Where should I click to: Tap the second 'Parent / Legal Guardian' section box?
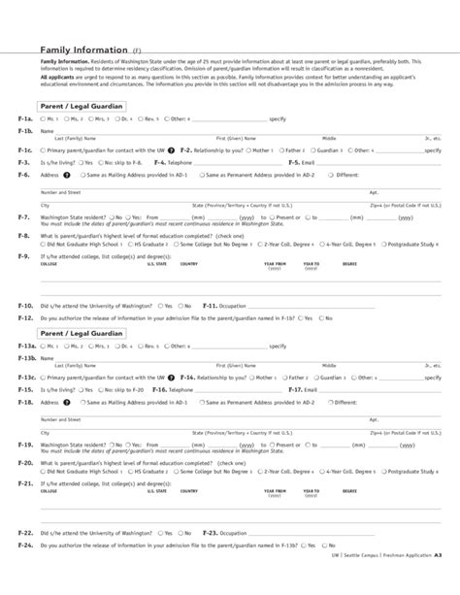coord(81,333)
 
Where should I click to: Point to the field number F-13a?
coord(26,346)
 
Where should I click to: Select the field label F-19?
coord(25,443)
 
